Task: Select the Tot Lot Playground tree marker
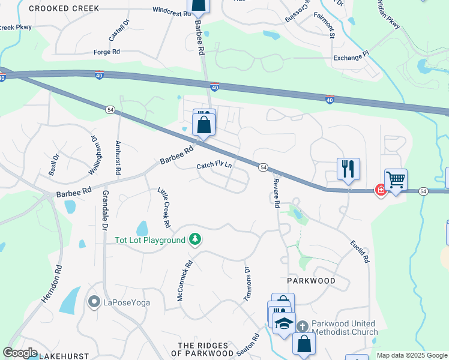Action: (194, 240)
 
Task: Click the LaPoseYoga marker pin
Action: (93, 302)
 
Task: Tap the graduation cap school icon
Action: (284, 323)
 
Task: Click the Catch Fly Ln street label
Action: (214, 166)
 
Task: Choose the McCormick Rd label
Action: (184, 280)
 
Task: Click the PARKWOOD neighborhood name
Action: (310, 281)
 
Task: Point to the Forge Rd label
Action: (107, 52)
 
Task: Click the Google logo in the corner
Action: (20, 353)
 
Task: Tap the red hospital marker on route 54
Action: (380, 190)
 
